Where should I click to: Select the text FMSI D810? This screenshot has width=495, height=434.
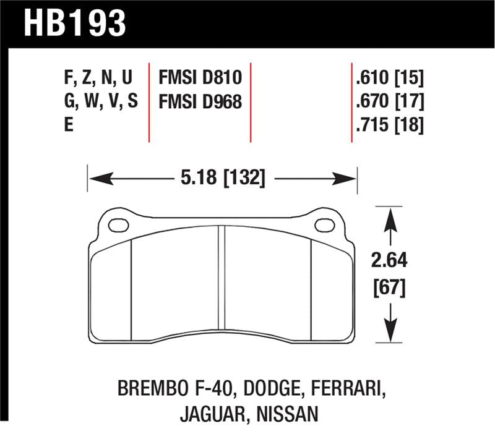tap(199, 78)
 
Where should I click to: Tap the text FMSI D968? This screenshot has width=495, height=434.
tap(199, 101)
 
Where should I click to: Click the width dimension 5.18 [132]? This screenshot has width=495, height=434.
tap(222, 179)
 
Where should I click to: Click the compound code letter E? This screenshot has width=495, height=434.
tap(67, 126)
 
